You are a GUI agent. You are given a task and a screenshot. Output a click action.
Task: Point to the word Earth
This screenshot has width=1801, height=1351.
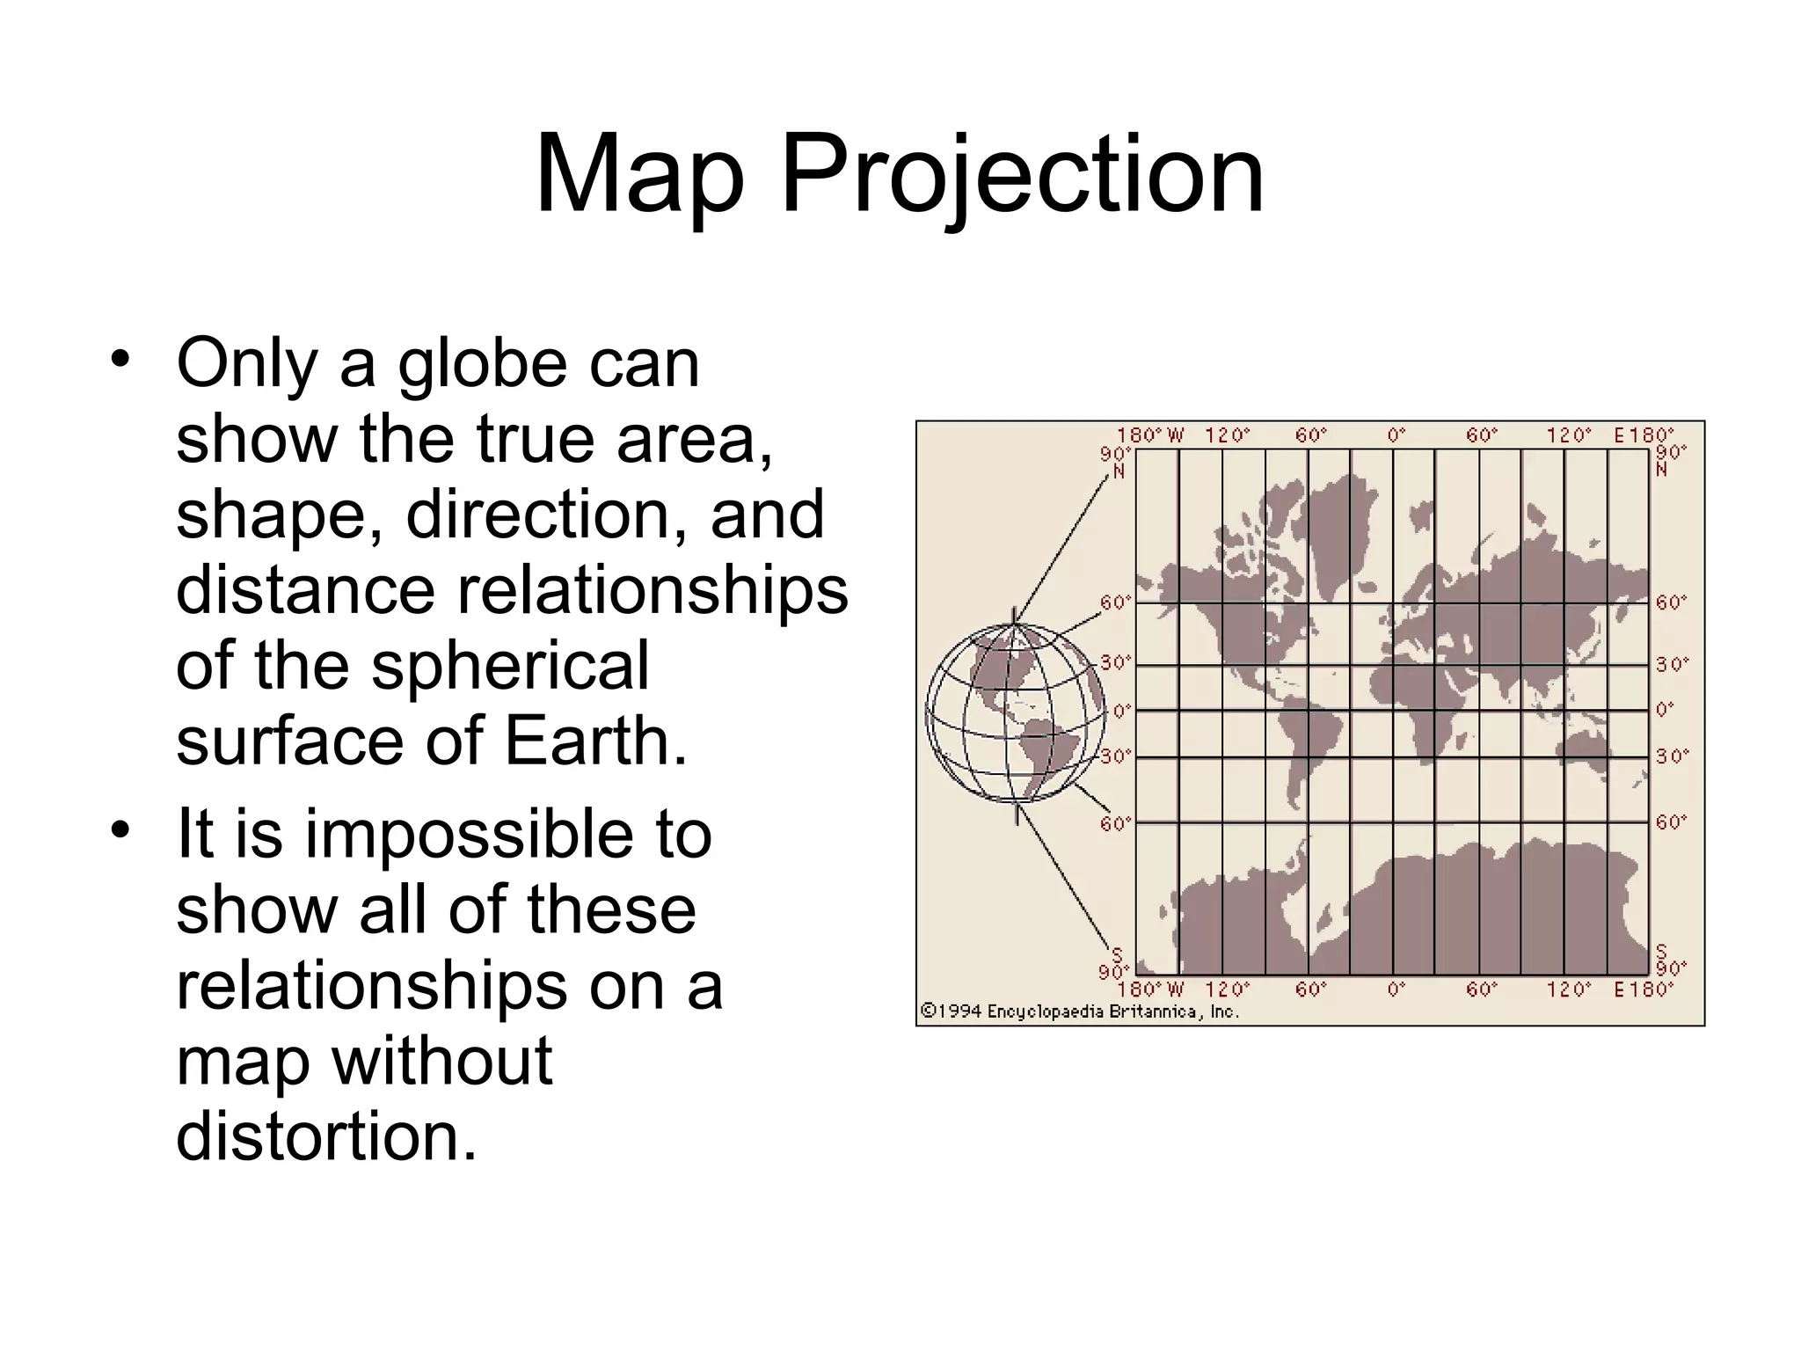click(x=594, y=741)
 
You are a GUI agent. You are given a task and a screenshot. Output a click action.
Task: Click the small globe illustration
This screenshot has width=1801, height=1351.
click(x=1016, y=712)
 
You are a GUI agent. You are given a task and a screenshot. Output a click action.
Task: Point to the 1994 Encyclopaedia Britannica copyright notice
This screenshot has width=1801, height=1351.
click(x=1079, y=1011)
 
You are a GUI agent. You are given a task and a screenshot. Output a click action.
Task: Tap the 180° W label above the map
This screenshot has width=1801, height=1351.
click(x=1150, y=435)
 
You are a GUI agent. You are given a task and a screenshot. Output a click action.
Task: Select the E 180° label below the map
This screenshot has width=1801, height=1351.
click(x=1643, y=990)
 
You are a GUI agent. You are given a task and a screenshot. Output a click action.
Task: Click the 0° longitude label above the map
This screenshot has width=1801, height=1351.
click(x=1396, y=435)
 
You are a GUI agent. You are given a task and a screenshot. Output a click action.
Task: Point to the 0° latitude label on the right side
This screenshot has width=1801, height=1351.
click(x=1665, y=709)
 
